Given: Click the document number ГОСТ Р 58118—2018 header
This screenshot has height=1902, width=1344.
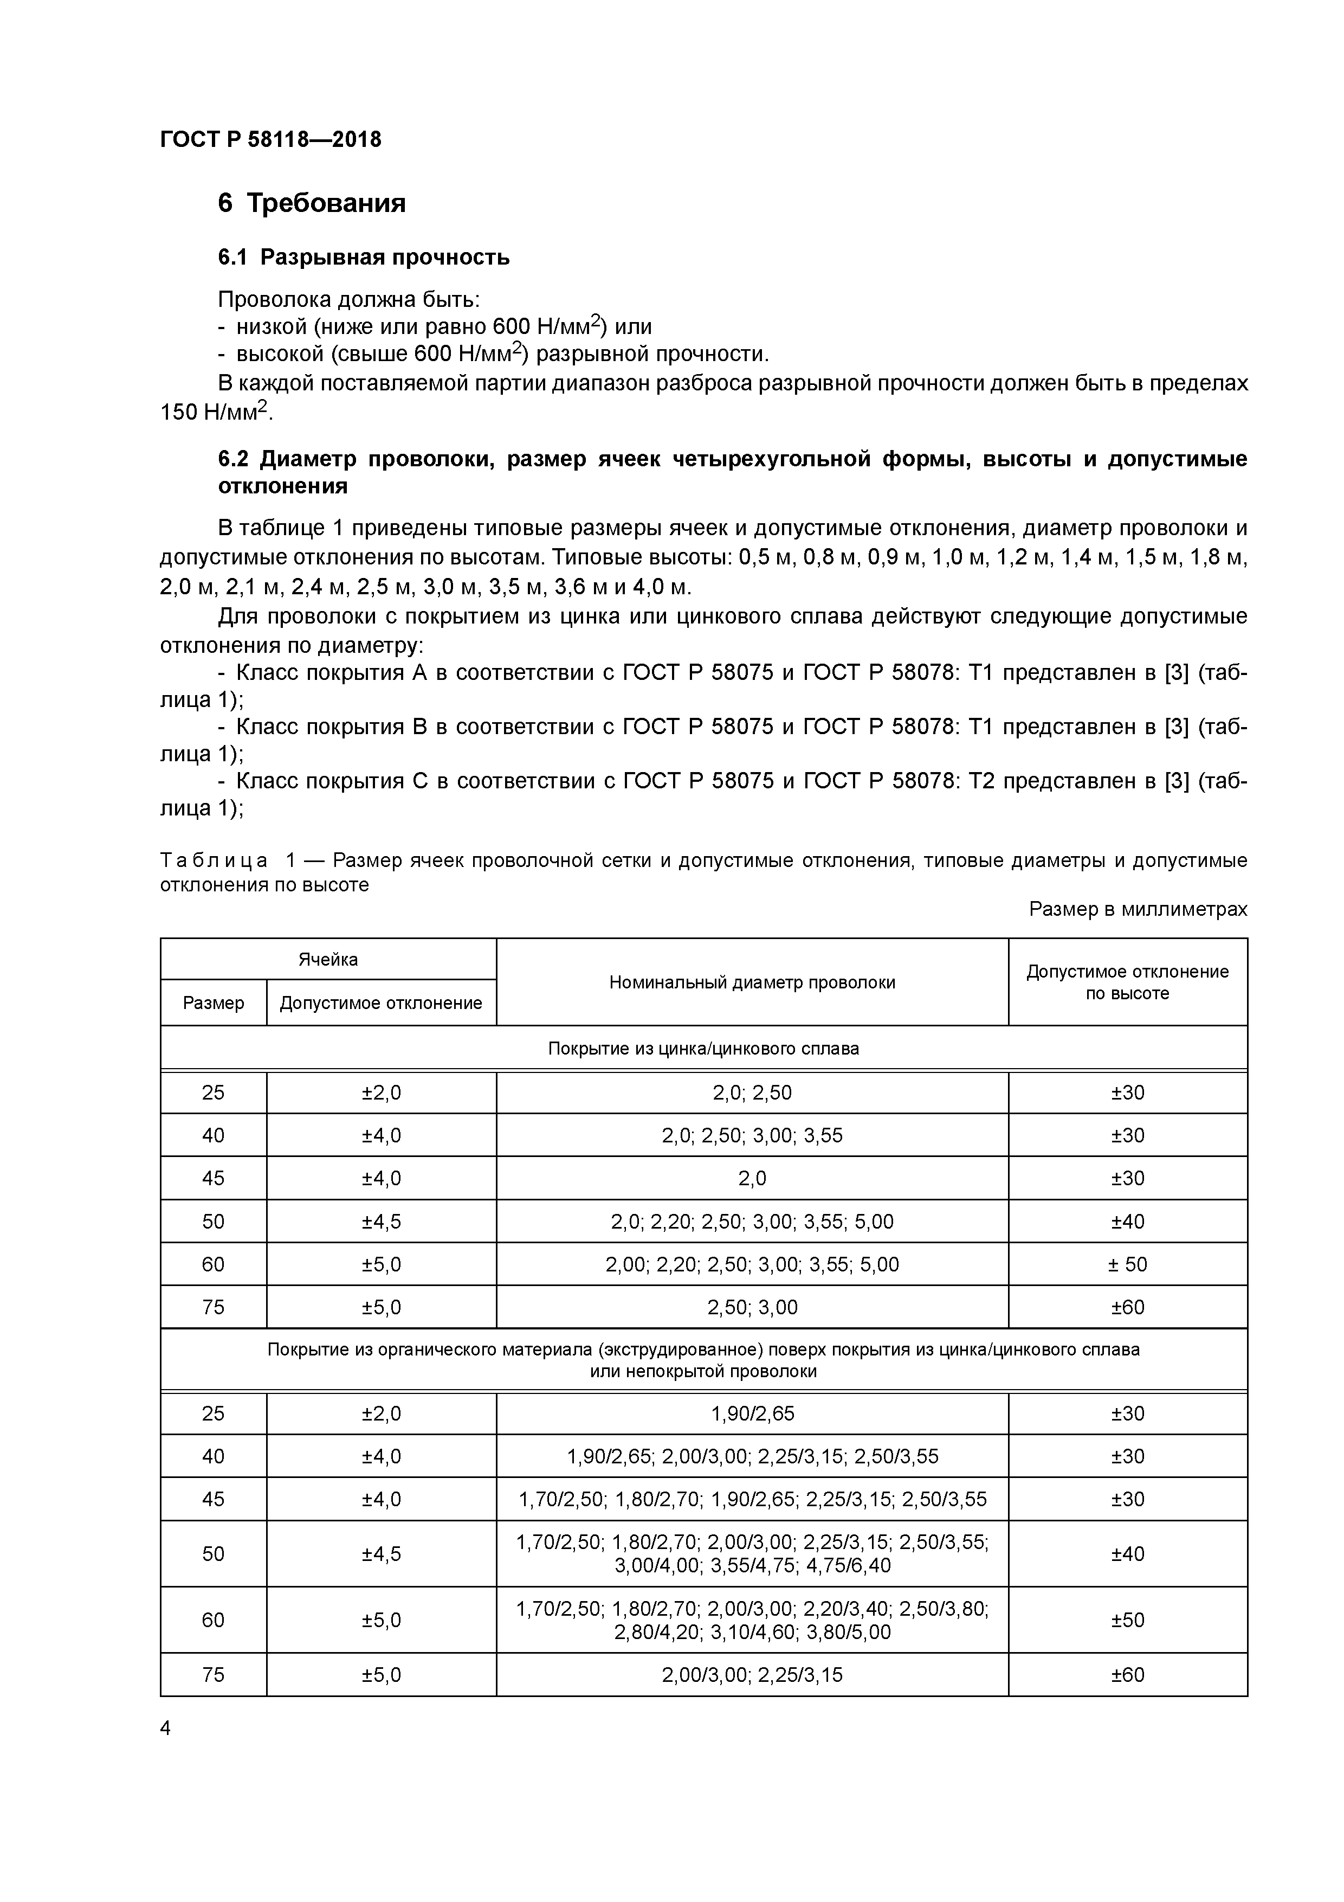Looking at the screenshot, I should [x=271, y=139].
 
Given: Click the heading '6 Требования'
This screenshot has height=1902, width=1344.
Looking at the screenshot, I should [x=312, y=203].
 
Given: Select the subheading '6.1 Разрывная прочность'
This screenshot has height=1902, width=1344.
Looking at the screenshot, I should [x=364, y=258].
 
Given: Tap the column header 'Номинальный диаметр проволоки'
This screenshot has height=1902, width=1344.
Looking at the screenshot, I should [x=752, y=982].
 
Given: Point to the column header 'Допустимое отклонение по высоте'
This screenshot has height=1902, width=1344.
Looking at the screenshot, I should [x=1127, y=982].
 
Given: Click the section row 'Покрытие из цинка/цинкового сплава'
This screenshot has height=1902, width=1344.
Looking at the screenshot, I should [x=703, y=1049].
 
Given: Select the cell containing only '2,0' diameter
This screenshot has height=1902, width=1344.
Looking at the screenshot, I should [x=752, y=1178].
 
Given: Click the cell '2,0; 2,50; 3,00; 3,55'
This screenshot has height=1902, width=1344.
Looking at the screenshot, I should [x=752, y=1135].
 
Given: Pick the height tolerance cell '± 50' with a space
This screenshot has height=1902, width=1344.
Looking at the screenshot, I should [x=1127, y=1264].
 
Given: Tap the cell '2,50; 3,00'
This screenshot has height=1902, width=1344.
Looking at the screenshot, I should [x=752, y=1307].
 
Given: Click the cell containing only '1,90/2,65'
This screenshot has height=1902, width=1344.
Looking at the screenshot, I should [x=752, y=1413].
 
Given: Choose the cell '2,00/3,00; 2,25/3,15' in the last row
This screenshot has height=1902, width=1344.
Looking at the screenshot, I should [x=752, y=1675].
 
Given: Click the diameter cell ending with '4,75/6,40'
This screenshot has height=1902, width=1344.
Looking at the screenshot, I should [x=752, y=1554].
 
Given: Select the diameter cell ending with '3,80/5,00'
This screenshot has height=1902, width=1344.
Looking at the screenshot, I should [x=752, y=1621].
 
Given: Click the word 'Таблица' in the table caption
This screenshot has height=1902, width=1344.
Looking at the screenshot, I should [x=214, y=860].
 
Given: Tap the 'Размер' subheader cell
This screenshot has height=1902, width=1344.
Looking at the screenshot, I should [x=214, y=1003].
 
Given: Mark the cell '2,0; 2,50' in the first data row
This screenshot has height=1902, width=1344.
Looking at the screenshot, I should [x=752, y=1093].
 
